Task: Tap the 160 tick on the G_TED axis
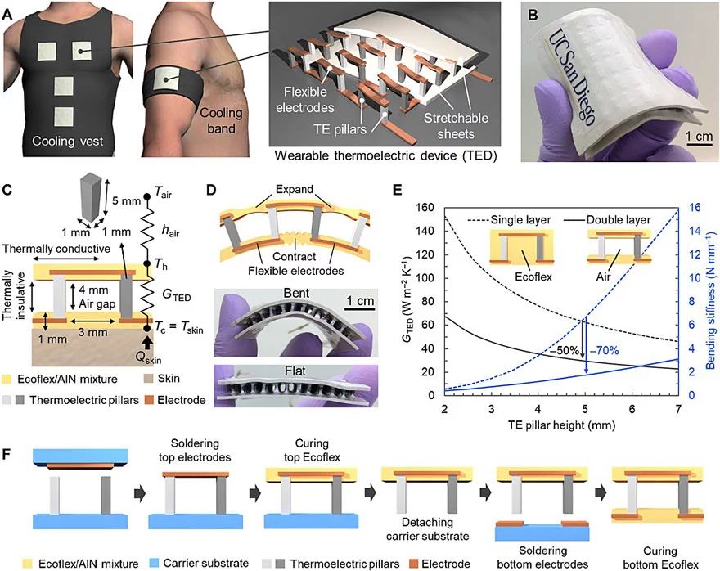point(425,208)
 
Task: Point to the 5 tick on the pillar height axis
point(585,408)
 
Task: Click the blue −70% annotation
point(605,351)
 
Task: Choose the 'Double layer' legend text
point(619,220)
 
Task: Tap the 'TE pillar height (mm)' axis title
point(561,425)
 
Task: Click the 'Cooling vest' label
point(67,141)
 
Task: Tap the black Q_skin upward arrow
point(147,344)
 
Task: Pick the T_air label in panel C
point(163,193)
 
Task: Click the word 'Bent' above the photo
point(296,293)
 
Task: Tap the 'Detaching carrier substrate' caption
point(427,528)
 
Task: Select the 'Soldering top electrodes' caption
point(195,450)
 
